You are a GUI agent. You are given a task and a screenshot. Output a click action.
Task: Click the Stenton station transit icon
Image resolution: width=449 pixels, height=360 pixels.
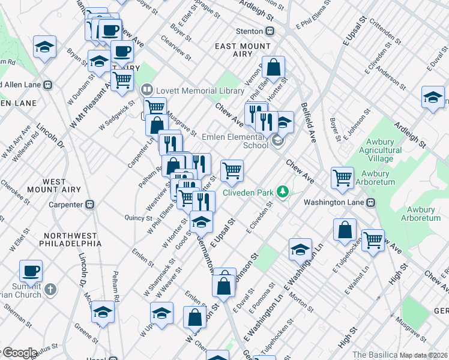(271, 31)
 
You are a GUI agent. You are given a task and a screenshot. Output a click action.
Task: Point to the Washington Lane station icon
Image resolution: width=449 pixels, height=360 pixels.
(372, 202)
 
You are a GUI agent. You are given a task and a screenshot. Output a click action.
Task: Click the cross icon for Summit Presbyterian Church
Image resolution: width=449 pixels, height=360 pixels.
(51, 289)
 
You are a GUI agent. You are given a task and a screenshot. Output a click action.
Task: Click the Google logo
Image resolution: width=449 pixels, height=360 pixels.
(19, 353)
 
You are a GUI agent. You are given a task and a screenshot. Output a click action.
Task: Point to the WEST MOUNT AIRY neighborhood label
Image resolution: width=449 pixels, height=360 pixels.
(62, 185)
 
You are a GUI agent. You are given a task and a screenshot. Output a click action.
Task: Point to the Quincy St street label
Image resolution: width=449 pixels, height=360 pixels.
(137, 217)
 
